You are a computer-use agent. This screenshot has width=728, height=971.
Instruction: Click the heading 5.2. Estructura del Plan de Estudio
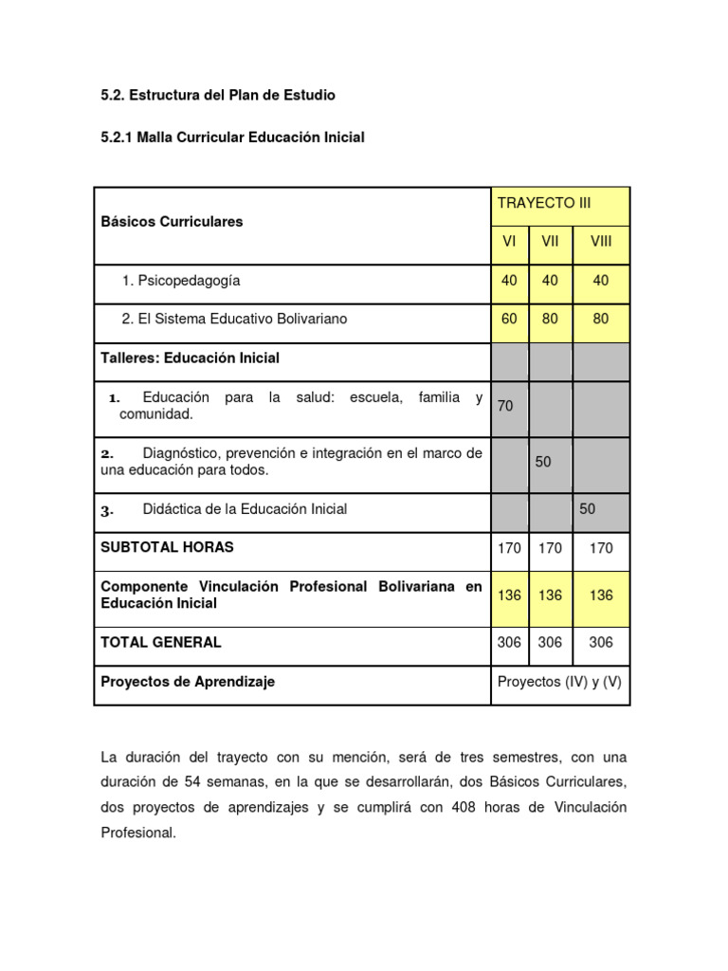pos(218,96)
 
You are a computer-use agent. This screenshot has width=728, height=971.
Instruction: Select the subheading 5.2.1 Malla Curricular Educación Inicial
pos(232,137)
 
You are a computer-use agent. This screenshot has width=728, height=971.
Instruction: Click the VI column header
pos(509,242)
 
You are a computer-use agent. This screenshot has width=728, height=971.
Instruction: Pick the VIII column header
pos(601,242)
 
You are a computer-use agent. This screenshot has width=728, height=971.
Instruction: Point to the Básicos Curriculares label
pos(172,222)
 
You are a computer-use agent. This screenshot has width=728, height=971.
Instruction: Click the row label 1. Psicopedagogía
pos(181,281)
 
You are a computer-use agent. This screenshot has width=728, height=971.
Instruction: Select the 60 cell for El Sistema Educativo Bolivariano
pos(509,320)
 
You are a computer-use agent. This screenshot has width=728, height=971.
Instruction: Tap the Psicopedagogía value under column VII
pos(550,281)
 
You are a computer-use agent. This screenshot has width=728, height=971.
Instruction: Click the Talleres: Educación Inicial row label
pos(191,358)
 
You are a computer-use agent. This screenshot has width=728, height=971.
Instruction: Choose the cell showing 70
pos(505,406)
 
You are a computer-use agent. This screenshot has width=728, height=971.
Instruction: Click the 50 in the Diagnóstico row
pos(543,462)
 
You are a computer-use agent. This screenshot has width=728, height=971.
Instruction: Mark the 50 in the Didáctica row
pos(588,509)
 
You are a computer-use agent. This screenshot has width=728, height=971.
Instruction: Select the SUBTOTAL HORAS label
pos(167,547)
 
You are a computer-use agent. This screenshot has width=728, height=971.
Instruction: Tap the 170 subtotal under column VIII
pos(601,548)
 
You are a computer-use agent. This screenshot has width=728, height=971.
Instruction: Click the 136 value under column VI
pos(509,595)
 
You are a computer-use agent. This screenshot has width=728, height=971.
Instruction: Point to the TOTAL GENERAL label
pos(161,642)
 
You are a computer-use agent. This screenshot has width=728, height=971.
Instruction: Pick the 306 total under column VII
pos(550,642)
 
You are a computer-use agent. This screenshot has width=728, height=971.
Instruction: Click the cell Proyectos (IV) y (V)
pos(559,682)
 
